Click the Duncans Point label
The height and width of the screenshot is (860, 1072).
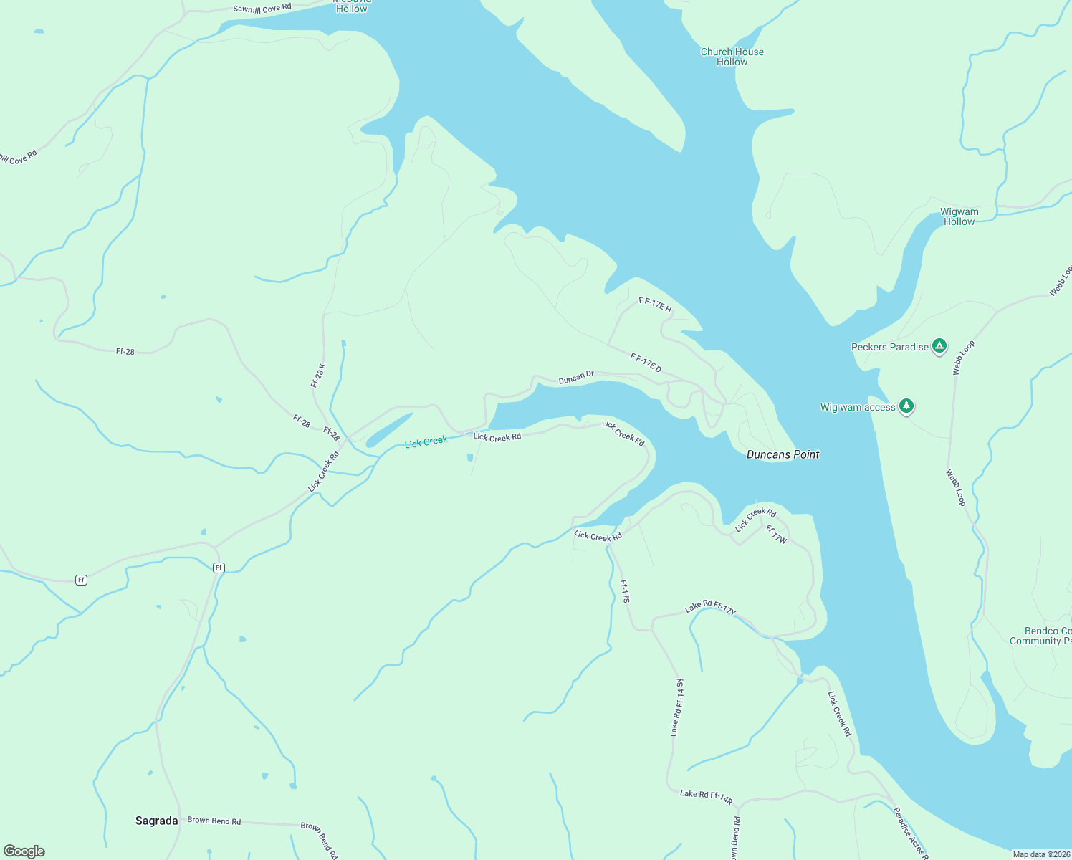[783, 454]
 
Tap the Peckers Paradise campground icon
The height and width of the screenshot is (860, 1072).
[939, 347]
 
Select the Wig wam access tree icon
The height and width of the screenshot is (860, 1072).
[906, 406]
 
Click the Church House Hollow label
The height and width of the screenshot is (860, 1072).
[732, 57]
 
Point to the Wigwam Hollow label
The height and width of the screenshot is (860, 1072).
[959, 216]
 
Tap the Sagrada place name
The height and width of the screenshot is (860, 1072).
[156, 821]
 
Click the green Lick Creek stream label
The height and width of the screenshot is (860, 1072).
[426, 442]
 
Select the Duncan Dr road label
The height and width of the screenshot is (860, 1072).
[576, 377]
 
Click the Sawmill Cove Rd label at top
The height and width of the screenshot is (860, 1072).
[262, 9]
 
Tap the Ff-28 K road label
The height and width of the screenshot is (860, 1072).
[318, 376]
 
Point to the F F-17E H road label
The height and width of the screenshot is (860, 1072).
[655, 305]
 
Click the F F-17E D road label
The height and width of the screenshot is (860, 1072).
[646, 362]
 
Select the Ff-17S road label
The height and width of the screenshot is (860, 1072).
[624, 591]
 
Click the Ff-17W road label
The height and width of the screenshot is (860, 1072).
[776, 534]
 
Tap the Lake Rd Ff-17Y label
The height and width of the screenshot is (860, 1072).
[709, 607]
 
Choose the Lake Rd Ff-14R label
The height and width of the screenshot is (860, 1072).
[706, 795]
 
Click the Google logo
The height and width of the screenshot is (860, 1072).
[24, 851]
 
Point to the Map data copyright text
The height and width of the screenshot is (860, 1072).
[1040, 854]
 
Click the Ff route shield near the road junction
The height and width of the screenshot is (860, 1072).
[219, 568]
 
